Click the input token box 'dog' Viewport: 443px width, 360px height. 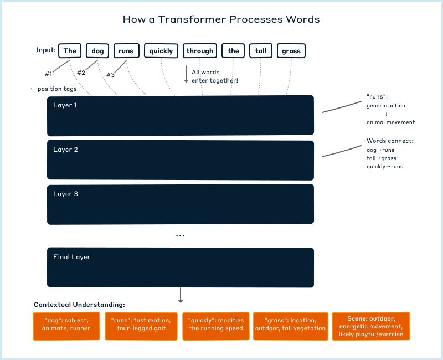click(x=97, y=51)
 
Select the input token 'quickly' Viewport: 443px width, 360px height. click(x=161, y=51)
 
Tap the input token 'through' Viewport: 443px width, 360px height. click(x=200, y=51)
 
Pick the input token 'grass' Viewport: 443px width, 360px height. click(x=291, y=51)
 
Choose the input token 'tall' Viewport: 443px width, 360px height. click(x=261, y=51)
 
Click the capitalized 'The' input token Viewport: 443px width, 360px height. click(x=70, y=51)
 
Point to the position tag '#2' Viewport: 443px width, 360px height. click(x=81, y=73)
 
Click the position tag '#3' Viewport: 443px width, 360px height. click(x=110, y=75)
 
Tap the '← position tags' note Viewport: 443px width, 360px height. click(x=53, y=89)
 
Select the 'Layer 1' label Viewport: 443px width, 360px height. click(x=65, y=105)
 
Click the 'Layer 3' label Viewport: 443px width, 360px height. click(x=65, y=194)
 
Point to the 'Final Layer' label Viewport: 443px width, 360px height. click(x=71, y=257)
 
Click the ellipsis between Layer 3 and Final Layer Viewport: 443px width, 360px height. click(x=180, y=235)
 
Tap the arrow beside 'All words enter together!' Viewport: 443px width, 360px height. click(x=186, y=75)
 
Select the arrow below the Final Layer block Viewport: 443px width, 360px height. click(x=181, y=295)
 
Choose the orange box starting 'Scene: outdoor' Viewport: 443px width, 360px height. click(x=371, y=326)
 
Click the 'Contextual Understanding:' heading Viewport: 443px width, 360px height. click(x=79, y=305)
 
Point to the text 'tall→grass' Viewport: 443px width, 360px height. click(x=382, y=158)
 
